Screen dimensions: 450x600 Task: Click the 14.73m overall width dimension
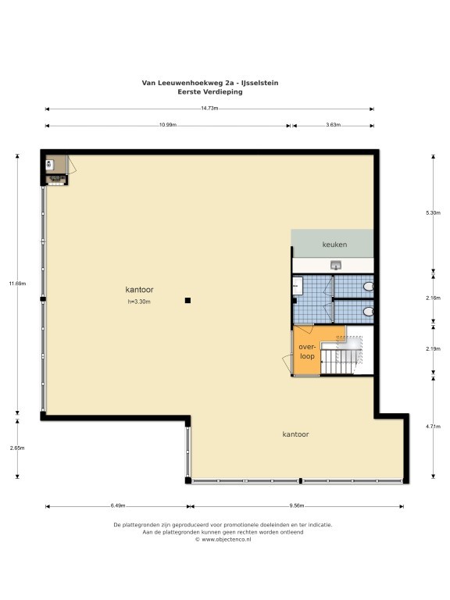pyautogui.click(x=209, y=109)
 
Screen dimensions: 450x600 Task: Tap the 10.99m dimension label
pyautogui.click(x=168, y=125)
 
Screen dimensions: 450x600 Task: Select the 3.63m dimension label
pyautogui.click(x=334, y=125)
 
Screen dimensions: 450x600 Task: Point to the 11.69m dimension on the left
pyautogui.click(x=17, y=284)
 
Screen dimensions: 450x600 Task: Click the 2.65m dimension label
pyautogui.click(x=17, y=448)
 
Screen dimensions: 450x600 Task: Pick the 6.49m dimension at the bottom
pyautogui.click(x=118, y=505)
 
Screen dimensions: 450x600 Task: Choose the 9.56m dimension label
pyautogui.click(x=297, y=505)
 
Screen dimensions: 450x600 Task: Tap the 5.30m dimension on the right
pyautogui.click(x=433, y=213)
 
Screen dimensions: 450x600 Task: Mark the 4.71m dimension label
pyautogui.click(x=433, y=427)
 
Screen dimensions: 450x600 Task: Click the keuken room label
pyautogui.click(x=334, y=245)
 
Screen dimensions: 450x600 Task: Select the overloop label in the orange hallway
pyautogui.click(x=307, y=352)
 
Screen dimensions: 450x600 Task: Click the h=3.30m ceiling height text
pyautogui.click(x=139, y=302)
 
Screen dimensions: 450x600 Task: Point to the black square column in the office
pyautogui.click(x=187, y=300)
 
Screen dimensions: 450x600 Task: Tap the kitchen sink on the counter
pyautogui.click(x=336, y=265)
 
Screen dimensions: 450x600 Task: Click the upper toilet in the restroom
pyautogui.click(x=369, y=286)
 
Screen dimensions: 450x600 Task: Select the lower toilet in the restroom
pyautogui.click(x=369, y=312)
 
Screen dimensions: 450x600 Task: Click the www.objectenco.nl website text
pyautogui.click(x=226, y=540)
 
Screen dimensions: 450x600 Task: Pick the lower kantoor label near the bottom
pyautogui.click(x=295, y=434)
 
